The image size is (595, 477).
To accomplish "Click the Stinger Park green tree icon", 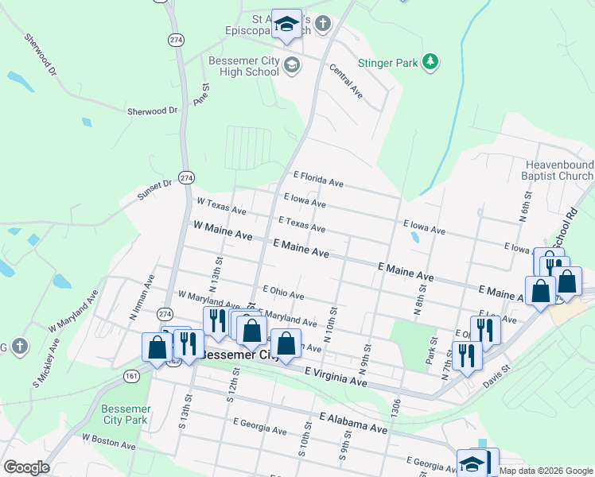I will [x=430, y=62].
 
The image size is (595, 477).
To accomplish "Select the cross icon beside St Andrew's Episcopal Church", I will [x=323, y=24].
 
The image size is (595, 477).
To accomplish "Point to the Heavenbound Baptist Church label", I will [x=558, y=170].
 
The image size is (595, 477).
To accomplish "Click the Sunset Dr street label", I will [x=154, y=188].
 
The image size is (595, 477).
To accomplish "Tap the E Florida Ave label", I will [x=318, y=179].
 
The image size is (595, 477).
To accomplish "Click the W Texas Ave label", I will [x=221, y=207].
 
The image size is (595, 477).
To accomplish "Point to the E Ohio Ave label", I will [x=282, y=293].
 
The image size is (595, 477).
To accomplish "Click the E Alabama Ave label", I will [x=353, y=422].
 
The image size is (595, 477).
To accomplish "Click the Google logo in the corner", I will [x=25, y=467].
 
